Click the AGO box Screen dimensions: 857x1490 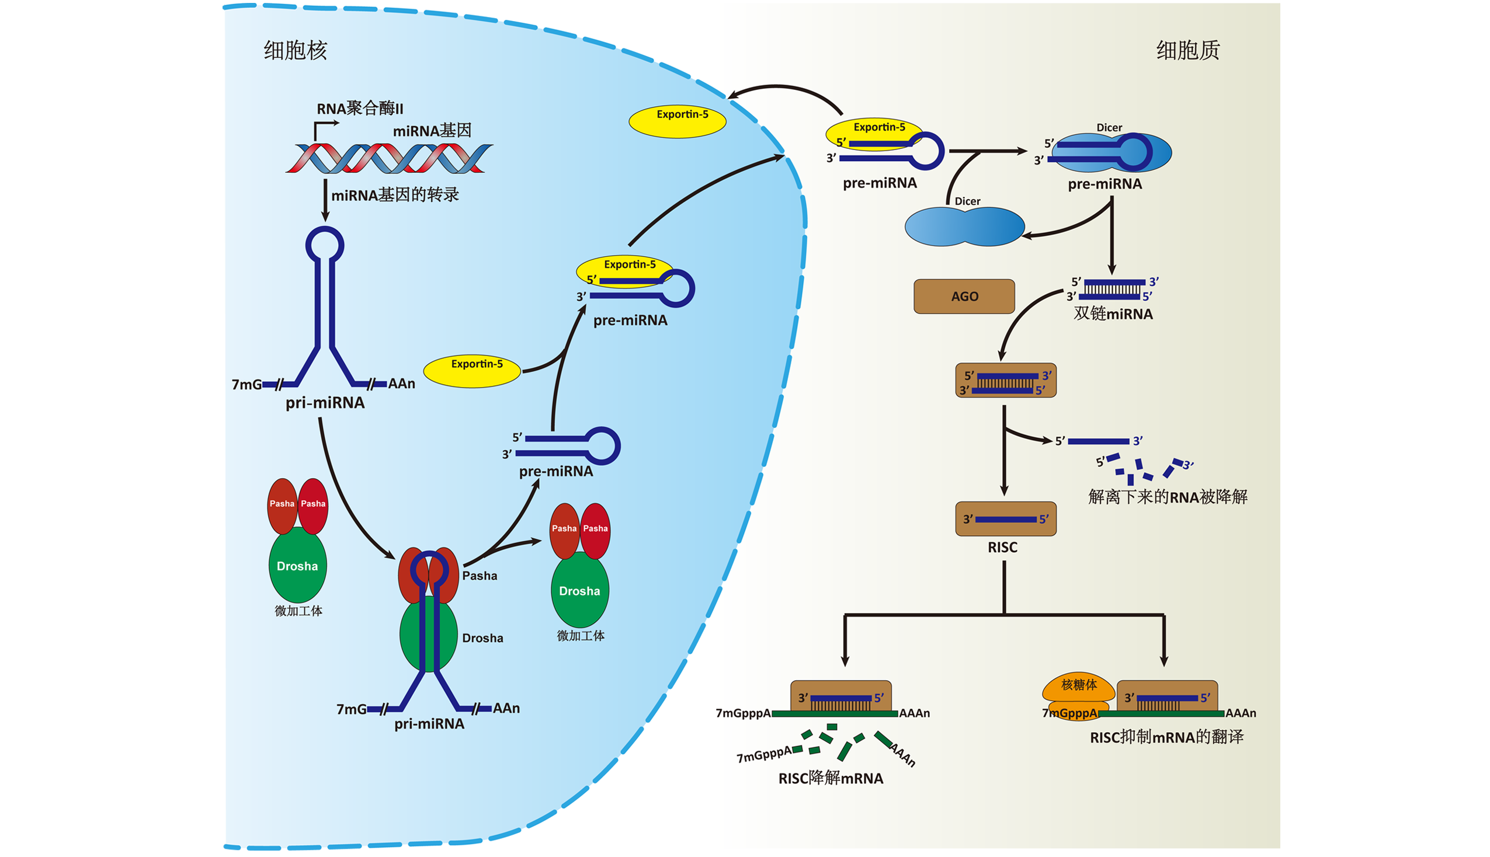coord(964,296)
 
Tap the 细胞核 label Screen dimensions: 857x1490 coord(295,50)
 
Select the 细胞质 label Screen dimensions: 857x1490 coord(1187,50)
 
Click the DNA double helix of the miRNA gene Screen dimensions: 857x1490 coord(388,158)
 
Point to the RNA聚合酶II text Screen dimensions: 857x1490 coord(360,109)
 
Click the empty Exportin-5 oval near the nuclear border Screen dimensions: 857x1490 coord(677,121)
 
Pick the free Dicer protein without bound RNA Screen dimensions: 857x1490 coord(964,227)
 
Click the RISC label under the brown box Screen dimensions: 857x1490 coord(1002,548)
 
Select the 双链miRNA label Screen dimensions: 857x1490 coord(1113,313)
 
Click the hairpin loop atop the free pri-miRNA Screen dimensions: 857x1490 coord(324,244)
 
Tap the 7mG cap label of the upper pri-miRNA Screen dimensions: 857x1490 coord(246,384)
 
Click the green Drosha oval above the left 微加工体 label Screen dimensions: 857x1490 coord(297,566)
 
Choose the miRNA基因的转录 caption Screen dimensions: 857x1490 coord(394,195)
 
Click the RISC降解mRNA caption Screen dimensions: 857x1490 coord(830,778)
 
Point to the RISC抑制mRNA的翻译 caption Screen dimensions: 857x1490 coord(1166,737)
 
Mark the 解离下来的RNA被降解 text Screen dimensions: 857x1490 coord(1168,497)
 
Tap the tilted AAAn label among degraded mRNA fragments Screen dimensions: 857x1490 coord(902,755)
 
